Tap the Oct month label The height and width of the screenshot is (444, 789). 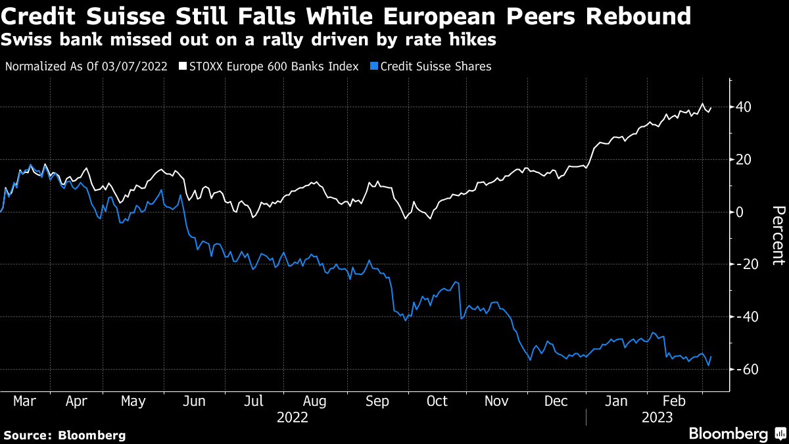[x=437, y=401]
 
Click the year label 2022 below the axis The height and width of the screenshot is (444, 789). [x=293, y=416]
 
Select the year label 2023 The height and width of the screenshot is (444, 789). [x=657, y=416]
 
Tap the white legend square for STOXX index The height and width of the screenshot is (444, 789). [x=183, y=66]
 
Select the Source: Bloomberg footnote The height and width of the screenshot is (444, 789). [x=64, y=435]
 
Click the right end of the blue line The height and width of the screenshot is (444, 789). [x=711, y=357]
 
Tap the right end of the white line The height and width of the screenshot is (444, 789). [x=711, y=108]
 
